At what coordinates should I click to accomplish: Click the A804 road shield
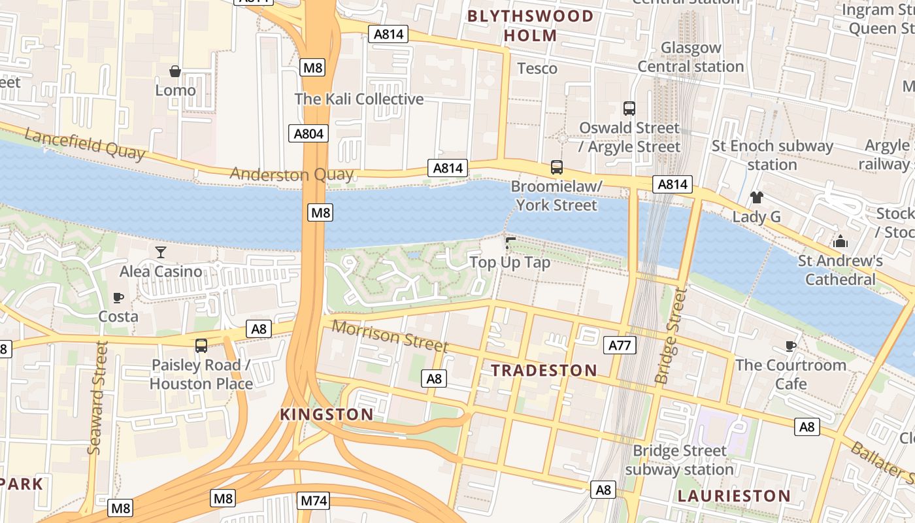308,134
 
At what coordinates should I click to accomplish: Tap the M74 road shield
314,501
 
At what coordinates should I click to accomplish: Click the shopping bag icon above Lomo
175,71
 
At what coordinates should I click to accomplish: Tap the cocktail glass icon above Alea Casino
161,252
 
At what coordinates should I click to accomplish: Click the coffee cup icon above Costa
118,297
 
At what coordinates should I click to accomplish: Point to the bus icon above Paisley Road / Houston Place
201,346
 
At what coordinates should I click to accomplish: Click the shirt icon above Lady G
756,197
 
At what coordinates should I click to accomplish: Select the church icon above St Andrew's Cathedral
840,242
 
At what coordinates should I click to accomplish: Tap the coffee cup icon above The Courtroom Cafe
791,346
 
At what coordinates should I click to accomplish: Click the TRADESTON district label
544,371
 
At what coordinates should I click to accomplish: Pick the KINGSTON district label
327,414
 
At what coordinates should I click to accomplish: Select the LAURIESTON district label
734,496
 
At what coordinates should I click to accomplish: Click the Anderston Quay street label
291,175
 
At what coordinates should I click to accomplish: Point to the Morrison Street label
390,335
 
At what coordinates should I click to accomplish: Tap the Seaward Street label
96,397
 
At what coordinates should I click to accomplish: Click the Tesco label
537,69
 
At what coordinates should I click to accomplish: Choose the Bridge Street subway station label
679,460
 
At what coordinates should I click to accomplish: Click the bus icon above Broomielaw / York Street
556,167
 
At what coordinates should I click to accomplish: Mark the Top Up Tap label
510,263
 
